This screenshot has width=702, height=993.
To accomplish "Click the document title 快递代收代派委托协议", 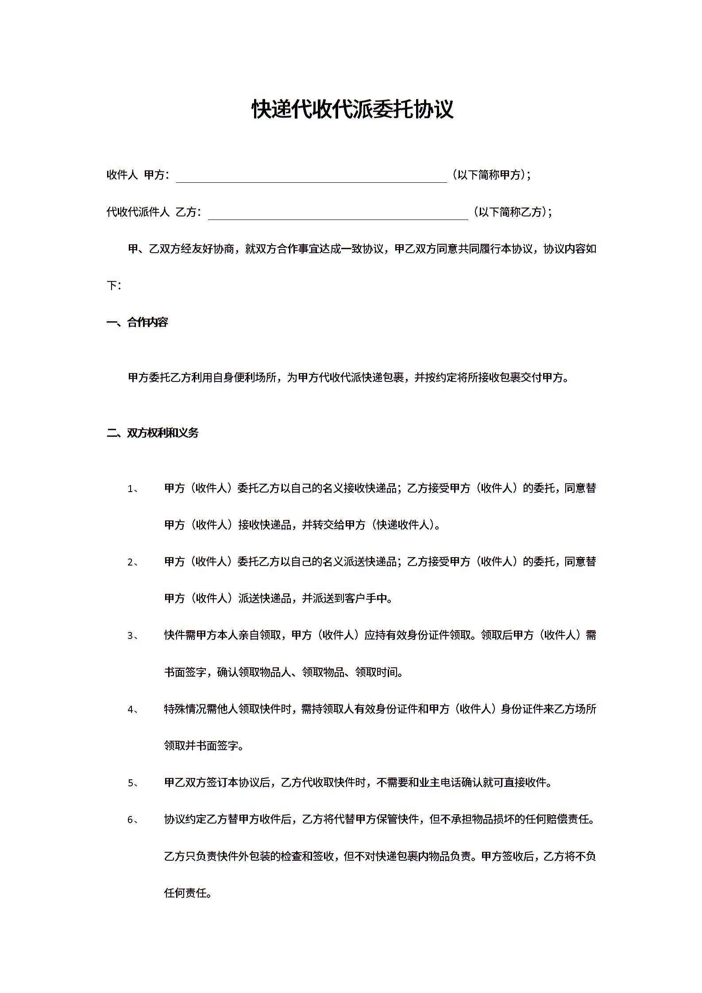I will pos(352,109).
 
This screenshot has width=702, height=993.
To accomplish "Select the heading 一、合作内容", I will pos(137,322).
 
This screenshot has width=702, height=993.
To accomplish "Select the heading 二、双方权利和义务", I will pos(153,433).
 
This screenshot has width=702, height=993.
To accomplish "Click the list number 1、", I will pos(133,489).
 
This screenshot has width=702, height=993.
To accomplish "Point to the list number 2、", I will pos(133,562).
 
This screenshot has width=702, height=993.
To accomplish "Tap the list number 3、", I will pos(133,636).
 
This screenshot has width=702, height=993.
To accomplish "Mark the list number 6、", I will pos(133,820).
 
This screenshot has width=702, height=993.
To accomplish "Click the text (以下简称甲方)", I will pos(490,175).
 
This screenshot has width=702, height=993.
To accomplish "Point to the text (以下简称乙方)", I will pos(512,212).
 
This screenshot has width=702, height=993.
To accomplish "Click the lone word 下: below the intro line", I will pos(113,286).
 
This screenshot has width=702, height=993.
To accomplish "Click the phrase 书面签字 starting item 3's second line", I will pos(185,673).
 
